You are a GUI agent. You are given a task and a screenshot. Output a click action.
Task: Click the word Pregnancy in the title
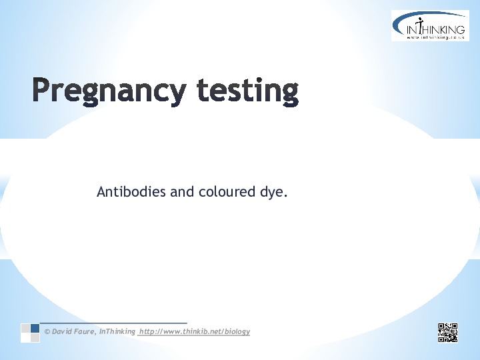[x=109, y=91]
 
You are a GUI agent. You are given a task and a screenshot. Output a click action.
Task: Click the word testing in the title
[x=248, y=91]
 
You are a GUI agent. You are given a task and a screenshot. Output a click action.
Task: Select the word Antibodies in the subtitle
[x=131, y=191]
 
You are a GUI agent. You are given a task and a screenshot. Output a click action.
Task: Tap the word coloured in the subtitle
[x=227, y=191]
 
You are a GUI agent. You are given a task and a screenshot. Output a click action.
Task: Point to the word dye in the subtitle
[x=271, y=193]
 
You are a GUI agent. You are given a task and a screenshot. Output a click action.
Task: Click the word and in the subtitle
[x=182, y=191]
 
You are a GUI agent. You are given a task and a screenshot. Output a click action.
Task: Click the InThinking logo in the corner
[x=430, y=25]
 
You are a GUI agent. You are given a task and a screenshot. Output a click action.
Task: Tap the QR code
[x=448, y=333]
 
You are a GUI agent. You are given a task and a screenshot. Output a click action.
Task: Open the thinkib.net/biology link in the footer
[x=195, y=331]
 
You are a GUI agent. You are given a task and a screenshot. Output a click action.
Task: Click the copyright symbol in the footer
[x=47, y=331]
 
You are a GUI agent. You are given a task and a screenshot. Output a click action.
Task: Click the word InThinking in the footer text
[x=117, y=331]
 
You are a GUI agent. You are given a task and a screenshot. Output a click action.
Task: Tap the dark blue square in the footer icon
[x=35, y=328]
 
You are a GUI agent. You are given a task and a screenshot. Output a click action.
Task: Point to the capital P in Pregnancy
[x=41, y=89]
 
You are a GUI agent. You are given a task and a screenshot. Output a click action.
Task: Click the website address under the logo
[x=435, y=37]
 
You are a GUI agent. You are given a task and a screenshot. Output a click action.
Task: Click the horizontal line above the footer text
[x=113, y=323]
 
